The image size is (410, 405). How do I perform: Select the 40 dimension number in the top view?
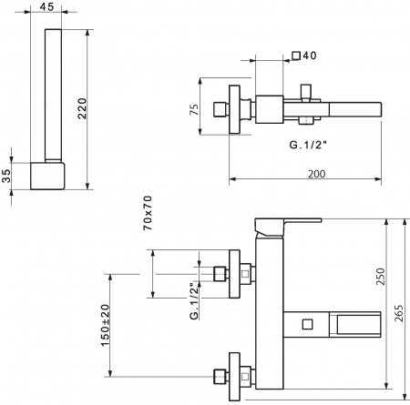(309, 56)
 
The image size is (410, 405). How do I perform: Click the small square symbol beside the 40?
(295, 56)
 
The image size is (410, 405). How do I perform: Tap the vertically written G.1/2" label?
(193, 301)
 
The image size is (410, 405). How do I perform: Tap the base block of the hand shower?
(51, 174)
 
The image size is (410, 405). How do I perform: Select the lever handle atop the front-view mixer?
(286, 224)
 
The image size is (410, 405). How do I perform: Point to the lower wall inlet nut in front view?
(219, 374)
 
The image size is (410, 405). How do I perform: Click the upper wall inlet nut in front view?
(219, 273)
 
